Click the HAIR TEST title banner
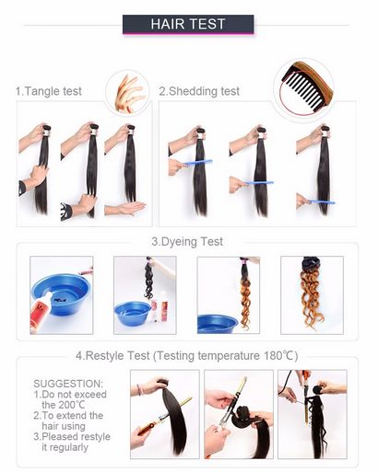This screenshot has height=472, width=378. tap(188, 24)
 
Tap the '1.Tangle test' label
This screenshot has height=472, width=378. tap(49, 91)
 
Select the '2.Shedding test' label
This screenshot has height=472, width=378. tap(199, 91)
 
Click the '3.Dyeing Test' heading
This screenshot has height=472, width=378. tap(187, 242)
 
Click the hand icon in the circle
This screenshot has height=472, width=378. tap(129, 94)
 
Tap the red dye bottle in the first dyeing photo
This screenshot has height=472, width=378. tap(40, 313)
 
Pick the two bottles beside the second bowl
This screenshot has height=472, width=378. tap(159, 306)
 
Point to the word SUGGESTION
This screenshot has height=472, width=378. tap(68, 384)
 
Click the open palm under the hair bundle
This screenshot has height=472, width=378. tap(126, 209)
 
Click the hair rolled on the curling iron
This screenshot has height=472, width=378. tap(242, 416)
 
